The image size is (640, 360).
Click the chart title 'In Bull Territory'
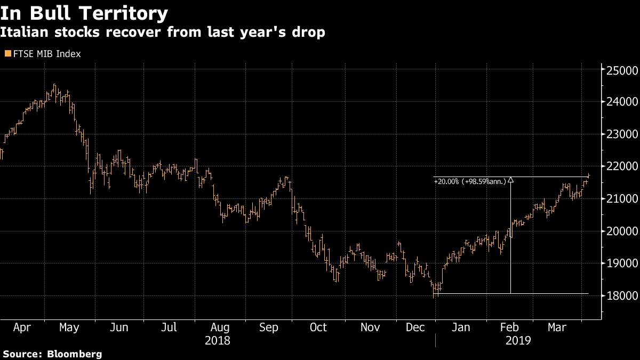(84, 13)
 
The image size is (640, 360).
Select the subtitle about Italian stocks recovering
(163, 31)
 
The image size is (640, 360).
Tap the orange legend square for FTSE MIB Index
(8, 53)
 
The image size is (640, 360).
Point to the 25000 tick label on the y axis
(622, 70)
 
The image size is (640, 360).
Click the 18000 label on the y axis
(622, 295)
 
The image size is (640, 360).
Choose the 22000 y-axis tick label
(622, 166)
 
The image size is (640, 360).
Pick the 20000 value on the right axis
(622, 231)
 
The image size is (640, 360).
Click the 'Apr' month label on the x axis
(22, 327)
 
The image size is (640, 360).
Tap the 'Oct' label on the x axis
(318, 327)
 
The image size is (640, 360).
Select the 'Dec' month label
(415, 327)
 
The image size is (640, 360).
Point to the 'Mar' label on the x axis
(557, 327)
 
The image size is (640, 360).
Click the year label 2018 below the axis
(218, 341)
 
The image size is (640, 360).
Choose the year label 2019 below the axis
(518, 341)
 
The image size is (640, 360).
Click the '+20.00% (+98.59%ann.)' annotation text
(470, 181)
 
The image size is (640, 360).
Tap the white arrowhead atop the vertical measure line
(510, 180)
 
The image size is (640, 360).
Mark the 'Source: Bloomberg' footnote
(52, 354)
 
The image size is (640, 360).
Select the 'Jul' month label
(169, 327)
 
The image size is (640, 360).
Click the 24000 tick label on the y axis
(622, 101)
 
